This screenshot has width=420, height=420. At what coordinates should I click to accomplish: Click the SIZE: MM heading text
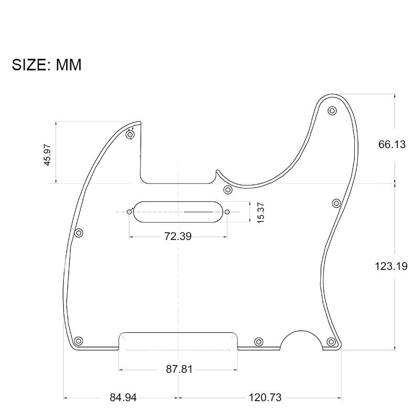click(x=47, y=65)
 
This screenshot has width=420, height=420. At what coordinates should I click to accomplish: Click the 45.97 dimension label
click(x=48, y=154)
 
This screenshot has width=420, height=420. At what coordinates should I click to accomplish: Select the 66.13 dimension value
click(x=392, y=144)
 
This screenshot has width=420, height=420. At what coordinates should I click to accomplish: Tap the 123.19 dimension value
click(x=391, y=266)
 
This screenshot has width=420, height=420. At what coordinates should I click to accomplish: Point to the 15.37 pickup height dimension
click(x=261, y=212)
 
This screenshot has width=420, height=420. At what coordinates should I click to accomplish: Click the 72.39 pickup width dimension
click(x=177, y=236)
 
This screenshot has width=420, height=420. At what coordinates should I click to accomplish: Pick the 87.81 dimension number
click(x=179, y=369)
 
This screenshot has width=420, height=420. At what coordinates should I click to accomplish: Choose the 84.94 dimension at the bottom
click(x=123, y=397)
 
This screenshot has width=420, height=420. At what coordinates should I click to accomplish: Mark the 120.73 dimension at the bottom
click(x=265, y=397)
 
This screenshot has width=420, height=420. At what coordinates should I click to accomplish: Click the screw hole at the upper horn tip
click(x=332, y=111)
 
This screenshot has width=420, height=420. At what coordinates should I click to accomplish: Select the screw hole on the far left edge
click(x=79, y=233)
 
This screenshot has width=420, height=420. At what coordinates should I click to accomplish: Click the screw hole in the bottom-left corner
click(x=79, y=340)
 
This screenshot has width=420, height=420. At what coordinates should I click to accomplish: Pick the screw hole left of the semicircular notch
click(x=258, y=342)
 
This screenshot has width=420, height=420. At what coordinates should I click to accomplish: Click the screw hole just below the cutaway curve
click(x=228, y=189)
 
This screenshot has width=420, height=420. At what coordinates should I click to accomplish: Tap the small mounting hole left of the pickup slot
click(x=129, y=212)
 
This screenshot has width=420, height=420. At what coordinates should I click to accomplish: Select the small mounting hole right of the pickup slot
click(x=227, y=212)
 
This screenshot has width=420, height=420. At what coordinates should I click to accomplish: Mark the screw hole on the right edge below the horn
click(x=337, y=203)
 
